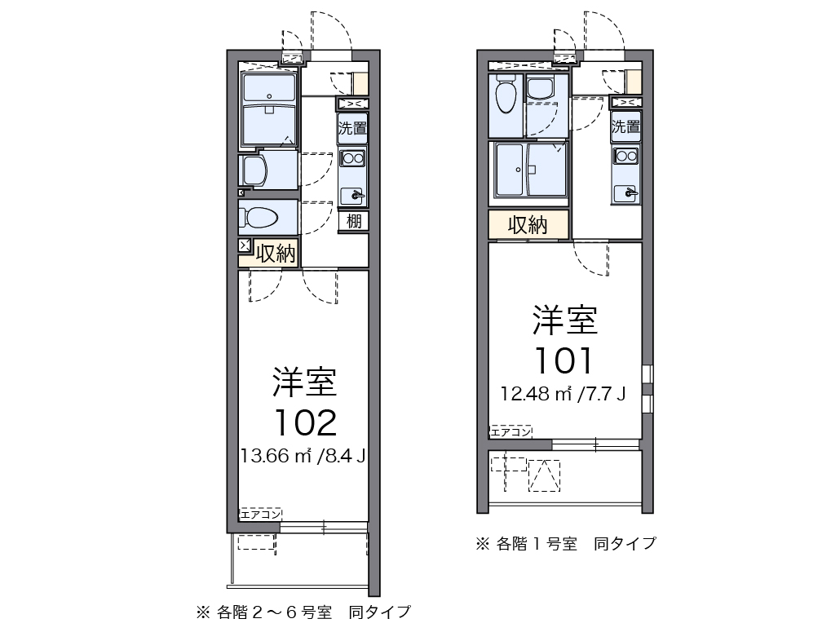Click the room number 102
point(305,422)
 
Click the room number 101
point(564,360)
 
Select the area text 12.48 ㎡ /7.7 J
point(564,395)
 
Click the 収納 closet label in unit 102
point(275,253)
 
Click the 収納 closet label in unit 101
point(528,225)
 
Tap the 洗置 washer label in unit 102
point(353,128)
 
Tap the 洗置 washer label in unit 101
point(626,126)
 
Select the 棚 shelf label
point(353,220)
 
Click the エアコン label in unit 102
point(261,514)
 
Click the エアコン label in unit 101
point(511,431)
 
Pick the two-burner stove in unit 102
point(353,158)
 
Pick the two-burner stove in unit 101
point(626,156)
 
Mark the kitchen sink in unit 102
point(354,194)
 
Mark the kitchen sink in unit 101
point(627,192)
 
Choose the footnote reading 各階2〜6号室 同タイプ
point(302,611)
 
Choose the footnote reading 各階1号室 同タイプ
point(566,543)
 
